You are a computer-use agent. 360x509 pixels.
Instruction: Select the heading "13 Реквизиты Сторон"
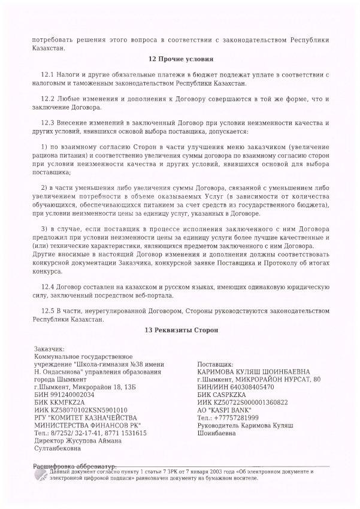click(x=180, y=330)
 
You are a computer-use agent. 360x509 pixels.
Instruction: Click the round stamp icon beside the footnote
click(x=40, y=474)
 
